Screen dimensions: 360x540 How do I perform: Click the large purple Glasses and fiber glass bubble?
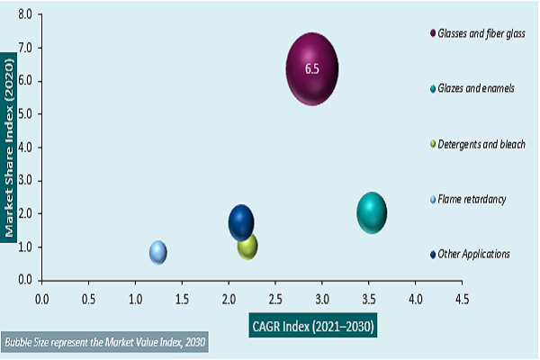311,68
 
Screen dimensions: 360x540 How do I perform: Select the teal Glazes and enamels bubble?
372,213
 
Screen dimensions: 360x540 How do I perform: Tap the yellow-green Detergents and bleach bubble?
247,245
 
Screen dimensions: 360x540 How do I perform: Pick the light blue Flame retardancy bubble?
158,253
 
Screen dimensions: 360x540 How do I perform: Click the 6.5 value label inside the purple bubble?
311,68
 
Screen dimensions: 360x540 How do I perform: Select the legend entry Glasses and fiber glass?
489,33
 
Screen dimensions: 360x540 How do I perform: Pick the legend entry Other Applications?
473,254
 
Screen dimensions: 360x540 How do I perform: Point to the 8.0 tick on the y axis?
24,15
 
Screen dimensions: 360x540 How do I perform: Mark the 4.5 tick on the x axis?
461,294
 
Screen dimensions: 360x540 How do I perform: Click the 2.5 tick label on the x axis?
274,294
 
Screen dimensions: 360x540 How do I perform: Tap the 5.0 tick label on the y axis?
24,114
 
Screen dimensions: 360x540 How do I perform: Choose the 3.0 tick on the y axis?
24,181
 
